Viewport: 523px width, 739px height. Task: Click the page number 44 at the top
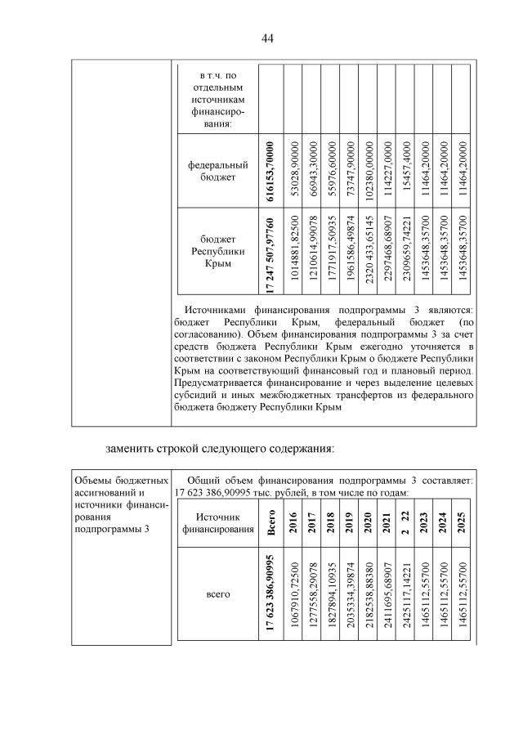[267, 38]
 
